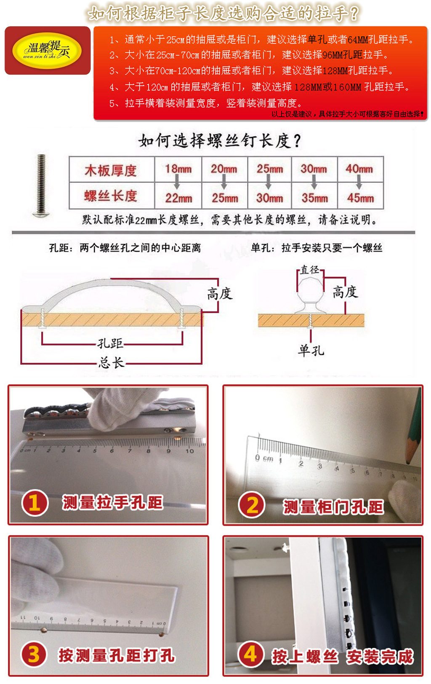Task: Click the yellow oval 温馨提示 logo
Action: tap(47, 51)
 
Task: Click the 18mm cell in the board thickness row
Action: tap(178, 169)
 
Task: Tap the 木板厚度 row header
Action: tap(111, 170)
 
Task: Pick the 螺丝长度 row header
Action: tap(111, 196)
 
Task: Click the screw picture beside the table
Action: tap(41, 186)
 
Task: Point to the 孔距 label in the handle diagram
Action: tap(110, 343)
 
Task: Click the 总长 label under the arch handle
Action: tap(111, 362)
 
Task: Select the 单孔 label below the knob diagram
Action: tap(311, 350)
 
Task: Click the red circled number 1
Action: tap(35, 503)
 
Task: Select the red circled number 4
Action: tap(251, 654)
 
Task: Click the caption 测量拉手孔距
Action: tap(112, 502)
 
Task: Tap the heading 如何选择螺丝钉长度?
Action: tap(220, 141)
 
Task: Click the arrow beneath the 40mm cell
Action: tap(359, 182)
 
